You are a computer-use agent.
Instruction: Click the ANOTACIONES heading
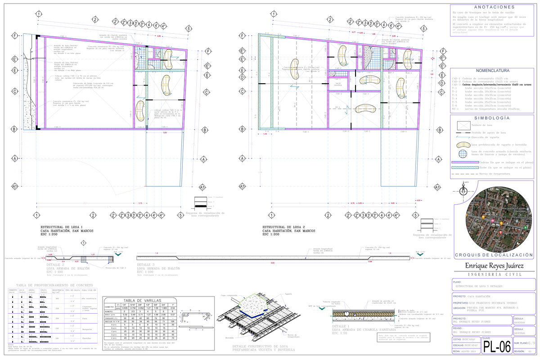coord(494,7)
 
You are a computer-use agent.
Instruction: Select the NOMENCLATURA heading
coord(494,71)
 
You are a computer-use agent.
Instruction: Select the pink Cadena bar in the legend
coord(464,162)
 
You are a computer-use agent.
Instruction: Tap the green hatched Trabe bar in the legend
coord(464,167)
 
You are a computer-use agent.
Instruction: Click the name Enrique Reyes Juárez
coord(494,266)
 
